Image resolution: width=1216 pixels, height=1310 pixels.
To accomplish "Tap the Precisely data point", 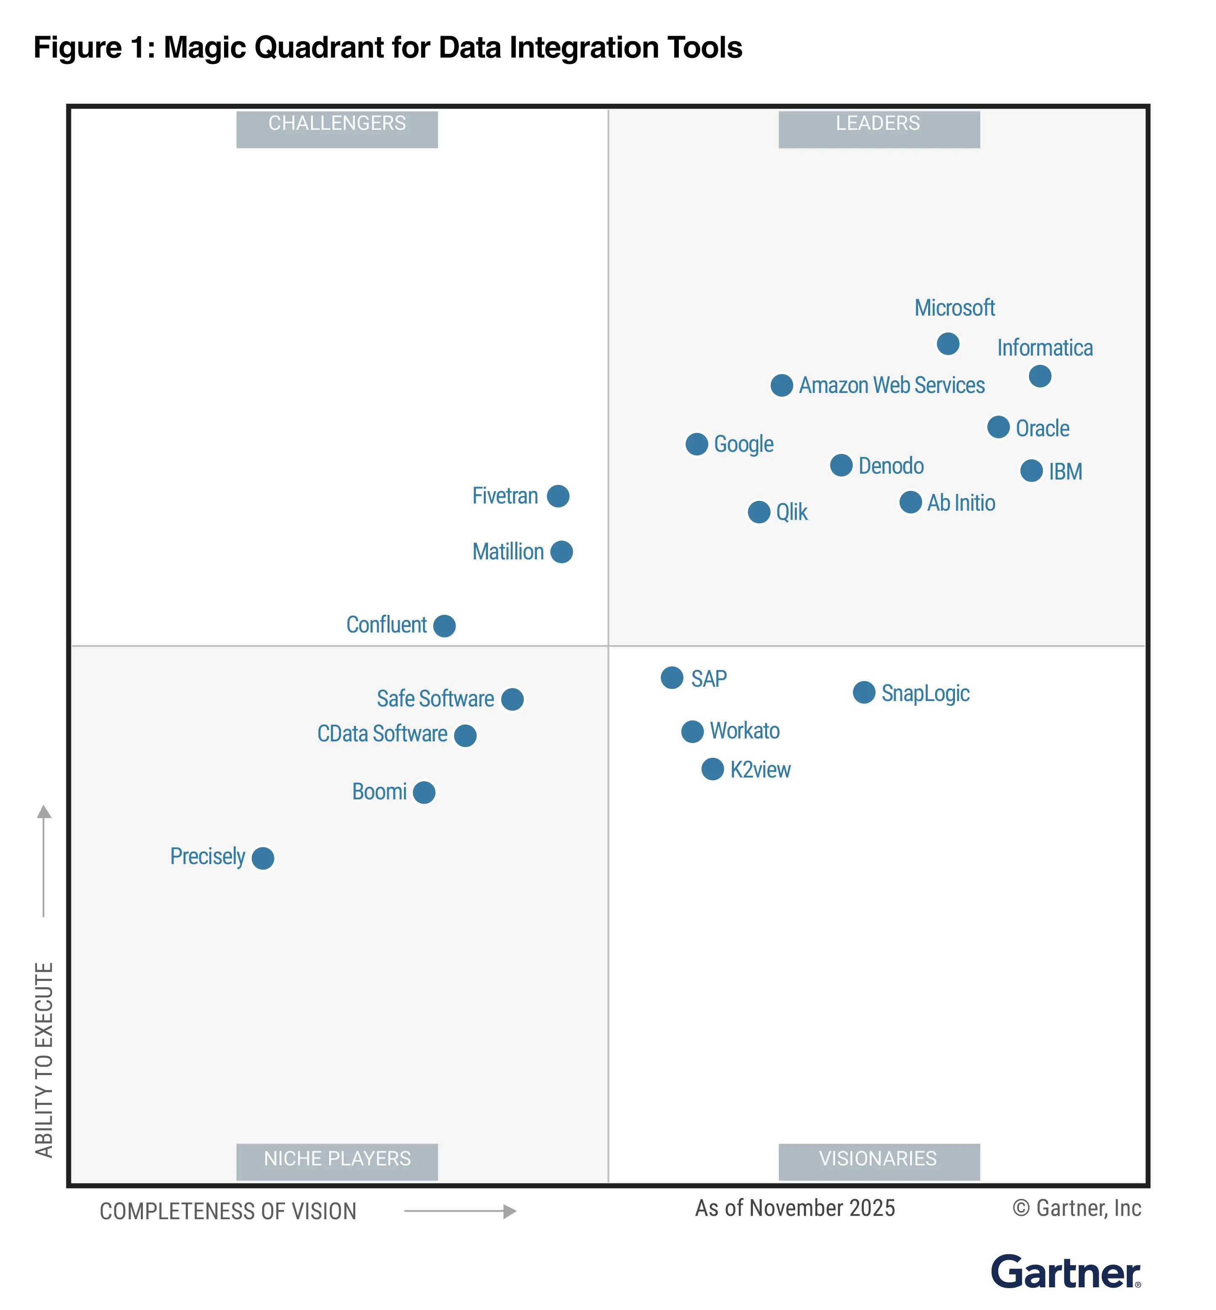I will [x=263, y=858].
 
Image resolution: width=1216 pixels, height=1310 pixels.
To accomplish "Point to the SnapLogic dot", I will [x=864, y=692].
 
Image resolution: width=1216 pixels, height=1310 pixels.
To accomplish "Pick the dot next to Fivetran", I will [x=558, y=496].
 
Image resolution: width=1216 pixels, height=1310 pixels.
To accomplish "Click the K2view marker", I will [x=712, y=769].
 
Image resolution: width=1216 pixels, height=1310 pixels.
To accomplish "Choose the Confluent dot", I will [x=445, y=626].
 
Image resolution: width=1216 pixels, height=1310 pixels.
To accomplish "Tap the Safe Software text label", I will [x=435, y=699].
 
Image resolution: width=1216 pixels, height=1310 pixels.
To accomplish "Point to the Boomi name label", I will [x=379, y=791].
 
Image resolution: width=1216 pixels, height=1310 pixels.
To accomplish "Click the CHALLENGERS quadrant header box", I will [x=337, y=129].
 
